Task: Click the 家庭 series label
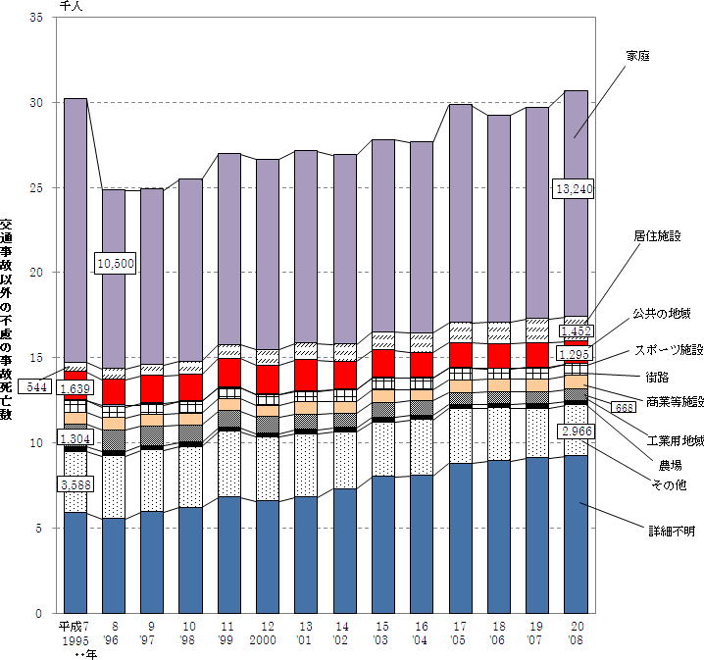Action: [639, 56]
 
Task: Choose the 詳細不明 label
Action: [670, 531]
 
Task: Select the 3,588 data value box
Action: [77, 484]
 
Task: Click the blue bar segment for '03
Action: [383, 544]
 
